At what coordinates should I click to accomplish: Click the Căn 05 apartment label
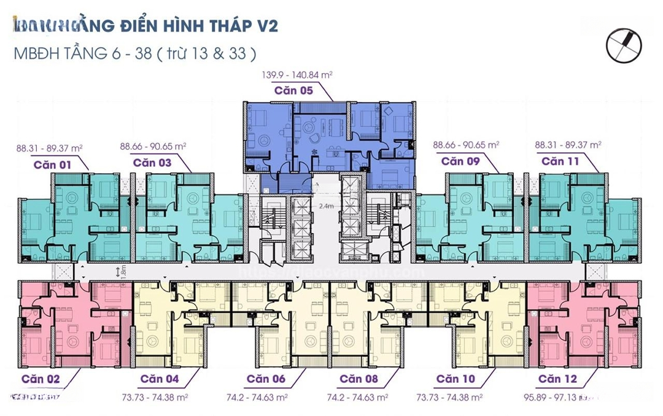click(293, 90)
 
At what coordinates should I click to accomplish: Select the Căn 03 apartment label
click(152, 163)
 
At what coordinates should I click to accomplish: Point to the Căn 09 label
click(460, 161)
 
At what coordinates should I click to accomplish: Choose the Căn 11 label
click(560, 161)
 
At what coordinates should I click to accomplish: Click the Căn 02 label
click(41, 379)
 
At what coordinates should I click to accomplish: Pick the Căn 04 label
click(160, 379)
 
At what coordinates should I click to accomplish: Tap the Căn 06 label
click(266, 379)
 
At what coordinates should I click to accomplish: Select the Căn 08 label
click(359, 379)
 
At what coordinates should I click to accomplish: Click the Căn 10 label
click(456, 379)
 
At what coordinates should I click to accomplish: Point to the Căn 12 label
click(558, 379)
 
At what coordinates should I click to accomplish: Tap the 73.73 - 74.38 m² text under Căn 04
click(158, 397)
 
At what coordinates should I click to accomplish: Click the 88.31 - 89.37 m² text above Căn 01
click(50, 147)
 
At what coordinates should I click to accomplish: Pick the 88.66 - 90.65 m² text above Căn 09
click(466, 145)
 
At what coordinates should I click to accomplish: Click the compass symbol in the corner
click(623, 45)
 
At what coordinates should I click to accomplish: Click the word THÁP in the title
click(222, 26)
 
